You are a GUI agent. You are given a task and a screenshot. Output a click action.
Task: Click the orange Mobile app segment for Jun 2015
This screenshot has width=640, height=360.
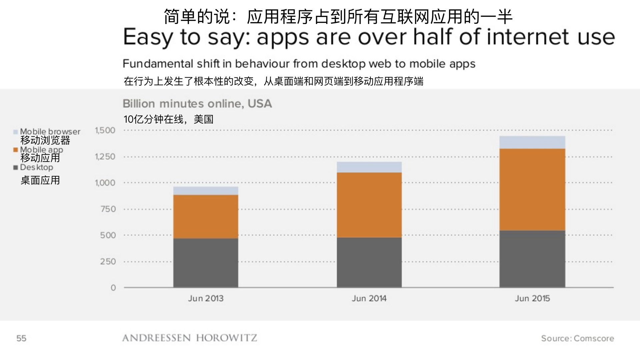coord(532,189)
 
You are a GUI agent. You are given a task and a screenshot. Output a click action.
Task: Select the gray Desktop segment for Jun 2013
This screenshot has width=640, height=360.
coord(206,263)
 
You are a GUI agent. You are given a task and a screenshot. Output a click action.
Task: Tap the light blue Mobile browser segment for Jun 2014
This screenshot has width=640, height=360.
coord(369,167)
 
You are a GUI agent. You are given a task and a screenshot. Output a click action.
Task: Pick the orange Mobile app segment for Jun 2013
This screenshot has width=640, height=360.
coord(206,216)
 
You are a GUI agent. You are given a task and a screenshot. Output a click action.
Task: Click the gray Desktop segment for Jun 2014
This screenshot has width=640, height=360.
coord(369,262)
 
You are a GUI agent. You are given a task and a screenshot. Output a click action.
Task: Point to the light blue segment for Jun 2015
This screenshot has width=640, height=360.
coord(532,142)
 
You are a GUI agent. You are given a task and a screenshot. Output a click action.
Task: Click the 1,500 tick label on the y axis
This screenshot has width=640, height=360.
coord(105,130)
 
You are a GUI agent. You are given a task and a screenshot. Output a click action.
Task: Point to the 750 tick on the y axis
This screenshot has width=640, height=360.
coord(108,209)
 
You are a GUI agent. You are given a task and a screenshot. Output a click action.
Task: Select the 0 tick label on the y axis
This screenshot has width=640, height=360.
coord(113,288)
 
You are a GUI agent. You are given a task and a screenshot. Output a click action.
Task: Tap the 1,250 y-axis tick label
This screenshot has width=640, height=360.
coord(105,157)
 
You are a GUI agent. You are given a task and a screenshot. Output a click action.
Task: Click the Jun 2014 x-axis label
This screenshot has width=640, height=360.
coord(369,298)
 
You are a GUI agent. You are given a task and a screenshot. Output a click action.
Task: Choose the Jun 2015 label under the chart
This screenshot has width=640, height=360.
coord(532,298)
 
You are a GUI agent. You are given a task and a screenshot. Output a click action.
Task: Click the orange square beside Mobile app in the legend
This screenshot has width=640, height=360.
coord(15,150)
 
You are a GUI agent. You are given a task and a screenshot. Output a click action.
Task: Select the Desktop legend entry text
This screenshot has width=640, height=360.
coord(36,167)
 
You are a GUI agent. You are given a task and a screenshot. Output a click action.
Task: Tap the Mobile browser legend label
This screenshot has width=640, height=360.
coord(50,132)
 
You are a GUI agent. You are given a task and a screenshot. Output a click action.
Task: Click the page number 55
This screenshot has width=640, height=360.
coord(21,338)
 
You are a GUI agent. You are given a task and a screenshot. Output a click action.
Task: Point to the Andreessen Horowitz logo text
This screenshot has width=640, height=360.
coord(190,338)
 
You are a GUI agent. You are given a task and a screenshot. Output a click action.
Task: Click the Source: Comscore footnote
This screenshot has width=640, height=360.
coord(577,338)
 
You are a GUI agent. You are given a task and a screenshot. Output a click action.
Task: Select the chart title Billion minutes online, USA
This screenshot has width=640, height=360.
coord(197,104)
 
